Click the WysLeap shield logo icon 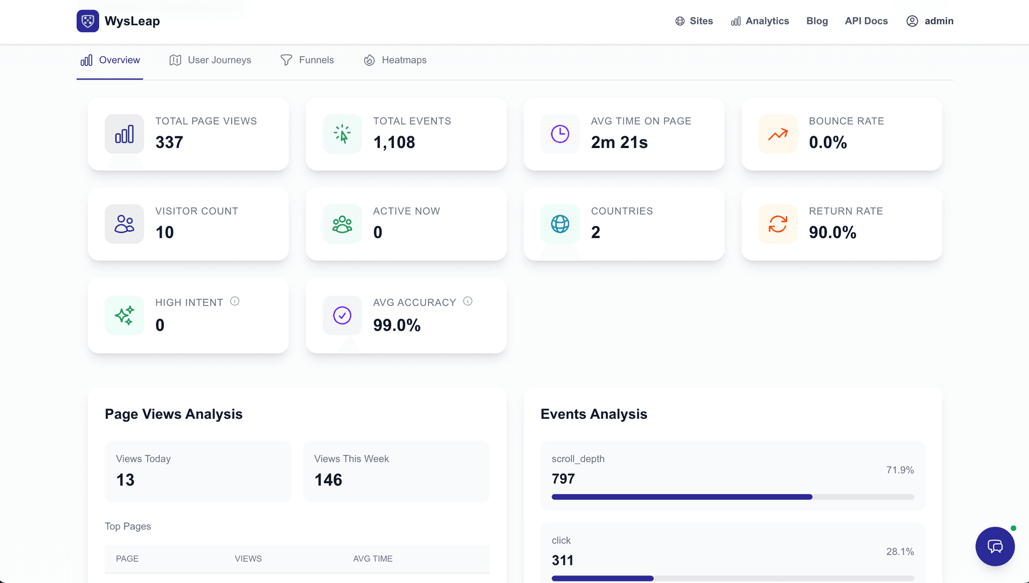pyautogui.click(x=88, y=21)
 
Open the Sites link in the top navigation pyautogui.click(x=694, y=21)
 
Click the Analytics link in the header pyautogui.click(x=760, y=21)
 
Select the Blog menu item pyautogui.click(x=817, y=21)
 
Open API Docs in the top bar pyautogui.click(x=866, y=21)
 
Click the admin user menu pyautogui.click(x=930, y=21)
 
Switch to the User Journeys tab pyautogui.click(x=210, y=60)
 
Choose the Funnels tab pyautogui.click(x=307, y=60)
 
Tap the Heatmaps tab pyautogui.click(x=395, y=60)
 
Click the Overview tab pyautogui.click(x=110, y=60)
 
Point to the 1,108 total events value pyautogui.click(x=394, y=142)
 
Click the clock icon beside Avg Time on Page pyautogui.click(x=560, y=134)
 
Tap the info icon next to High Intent pyautogui.click(x=235, y=301)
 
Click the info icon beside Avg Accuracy pyautogui.click(x=468, y=301)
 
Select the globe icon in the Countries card pyautogui.click(x=560, y=224)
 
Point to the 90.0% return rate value pyautogui.click(x=832, y=232)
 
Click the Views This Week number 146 pyautogui.click(x=328, y=479)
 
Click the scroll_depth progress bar pyautogui.click(x=733, y=497)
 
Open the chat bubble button pyautogui.click(x=995, y=546)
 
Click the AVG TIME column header pyautogui.click(x=372, y=558)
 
